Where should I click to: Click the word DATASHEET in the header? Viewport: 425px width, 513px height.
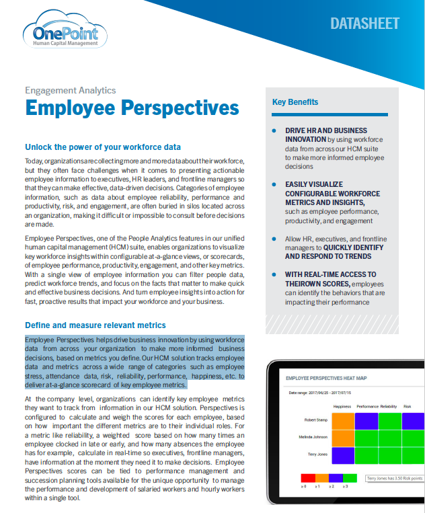click(364, 24)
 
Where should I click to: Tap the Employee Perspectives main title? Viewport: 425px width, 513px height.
click(132, 108)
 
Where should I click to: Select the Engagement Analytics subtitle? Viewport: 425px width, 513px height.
click(70, 90)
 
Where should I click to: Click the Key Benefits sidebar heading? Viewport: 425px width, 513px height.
click(295, 102)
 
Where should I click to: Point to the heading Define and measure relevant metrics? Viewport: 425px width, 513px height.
click(95, 325)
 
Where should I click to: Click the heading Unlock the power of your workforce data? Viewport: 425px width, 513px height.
click(103, 147)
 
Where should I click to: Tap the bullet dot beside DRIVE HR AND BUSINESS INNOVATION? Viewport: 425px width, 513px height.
click(274, 130)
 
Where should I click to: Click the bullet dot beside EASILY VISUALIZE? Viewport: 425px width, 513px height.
click(274, 184)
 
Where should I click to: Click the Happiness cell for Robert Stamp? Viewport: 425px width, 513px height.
click(343, 422)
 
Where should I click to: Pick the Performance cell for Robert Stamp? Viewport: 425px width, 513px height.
click(366, 422)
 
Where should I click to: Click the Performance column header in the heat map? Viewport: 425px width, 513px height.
click(367, 407)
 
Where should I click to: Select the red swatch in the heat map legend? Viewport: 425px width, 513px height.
click(306, 478)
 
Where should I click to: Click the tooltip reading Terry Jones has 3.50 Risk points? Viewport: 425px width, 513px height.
click(394, 478)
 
